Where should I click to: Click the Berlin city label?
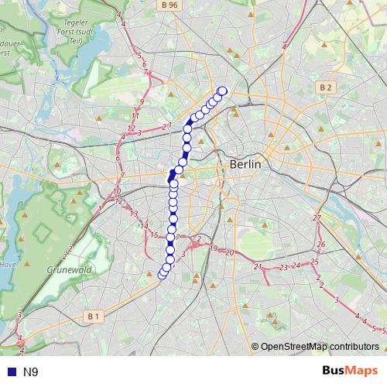245,165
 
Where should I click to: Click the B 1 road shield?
93,316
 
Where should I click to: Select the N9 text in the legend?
31,372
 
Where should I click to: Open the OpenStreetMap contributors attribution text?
320,348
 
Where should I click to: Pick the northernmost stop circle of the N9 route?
223,91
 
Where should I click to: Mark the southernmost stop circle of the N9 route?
163,273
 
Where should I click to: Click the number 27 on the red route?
316,219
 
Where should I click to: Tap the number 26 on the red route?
320,245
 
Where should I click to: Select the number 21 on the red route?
258,266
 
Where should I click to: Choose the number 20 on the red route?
230,252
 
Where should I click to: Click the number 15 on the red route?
154,235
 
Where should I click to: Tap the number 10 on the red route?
117,190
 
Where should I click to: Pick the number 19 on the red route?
214,248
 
